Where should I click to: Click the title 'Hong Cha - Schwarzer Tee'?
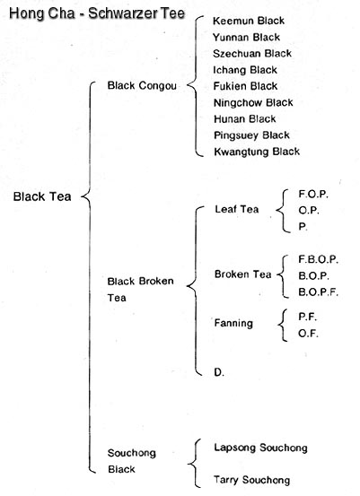coord(97,13)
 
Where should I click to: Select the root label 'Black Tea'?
coord(42,196)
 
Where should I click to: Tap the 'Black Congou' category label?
coord(142,85)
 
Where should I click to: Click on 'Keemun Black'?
coord(249,21)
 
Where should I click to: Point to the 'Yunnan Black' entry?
coord(246,38)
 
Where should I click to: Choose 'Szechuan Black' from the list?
coord(252,54)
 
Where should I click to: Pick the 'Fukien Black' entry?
coord(245,86)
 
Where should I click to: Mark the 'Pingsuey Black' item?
coord(251,135)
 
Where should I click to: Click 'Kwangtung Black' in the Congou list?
coord(257,152)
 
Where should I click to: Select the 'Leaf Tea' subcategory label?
coord(237,209)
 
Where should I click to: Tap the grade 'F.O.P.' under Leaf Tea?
coord(313,194)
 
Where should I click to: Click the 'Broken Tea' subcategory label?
coord(243,274)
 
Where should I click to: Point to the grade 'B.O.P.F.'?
coord(318,292)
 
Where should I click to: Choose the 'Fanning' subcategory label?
coord(233,323)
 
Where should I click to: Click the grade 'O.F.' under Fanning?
coord(308,334)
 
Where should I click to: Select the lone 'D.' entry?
coord(219,372)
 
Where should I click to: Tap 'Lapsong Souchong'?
coord(260,448)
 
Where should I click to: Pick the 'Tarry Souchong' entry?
coord(251,480)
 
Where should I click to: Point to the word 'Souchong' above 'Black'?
coord(132,453)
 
